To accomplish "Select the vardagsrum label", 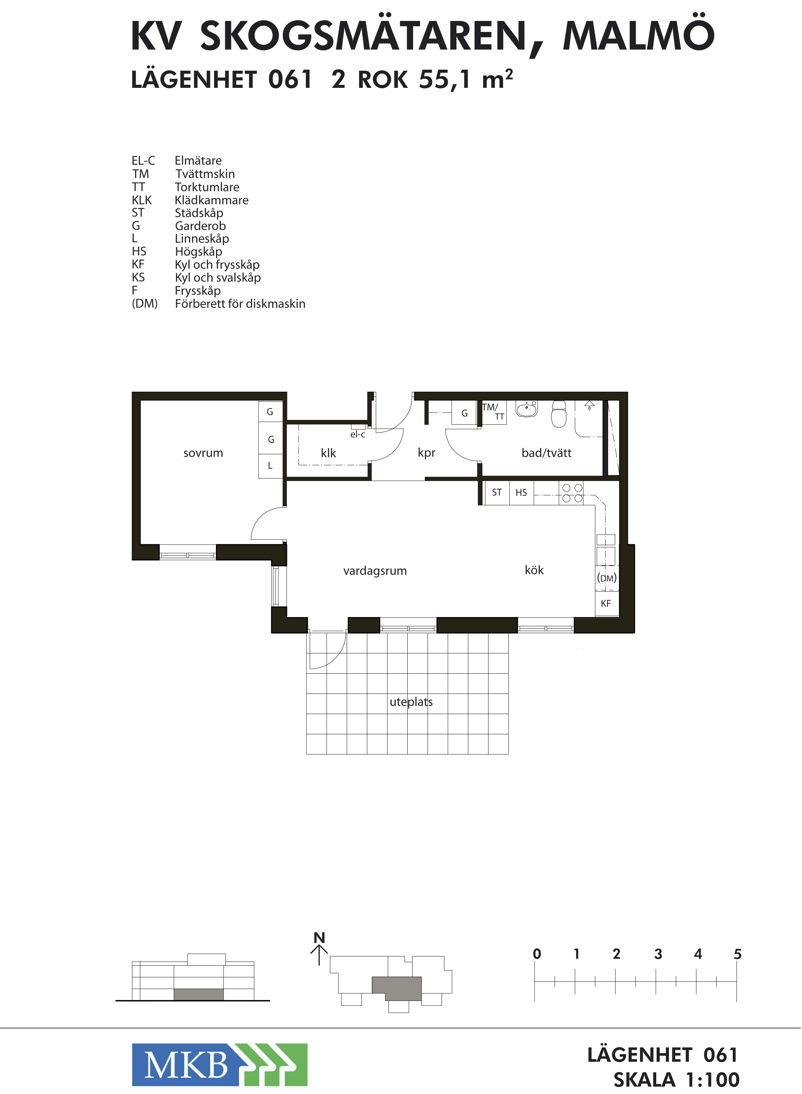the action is (375, 571).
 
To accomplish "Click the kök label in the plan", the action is (534, 570).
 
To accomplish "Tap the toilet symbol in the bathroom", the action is (559, 414).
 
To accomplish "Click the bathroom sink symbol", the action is (527, 409).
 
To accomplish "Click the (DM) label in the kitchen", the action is (607, 578).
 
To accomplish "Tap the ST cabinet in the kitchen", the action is (496, 492).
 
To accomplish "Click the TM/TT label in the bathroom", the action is (493, 411).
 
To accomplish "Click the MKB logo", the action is (219, 1064).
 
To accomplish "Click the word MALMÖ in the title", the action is (638, 35).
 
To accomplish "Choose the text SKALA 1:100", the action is (676, 1080).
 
